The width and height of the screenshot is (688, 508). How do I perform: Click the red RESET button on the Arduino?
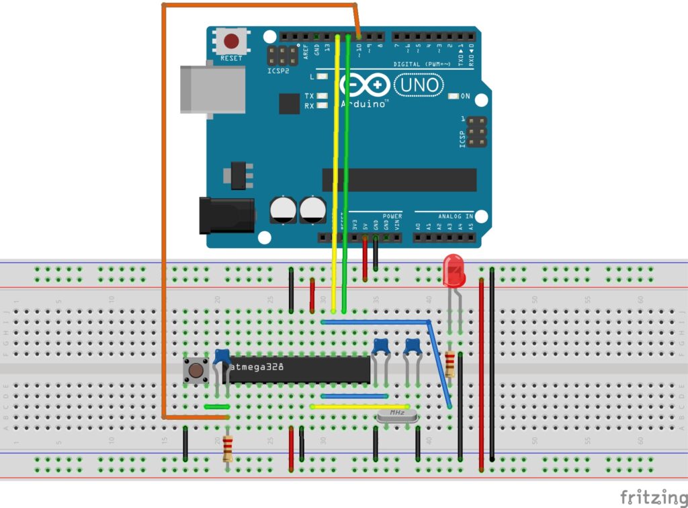(231, 42)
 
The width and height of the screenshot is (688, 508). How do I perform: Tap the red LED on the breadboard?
(454, 270)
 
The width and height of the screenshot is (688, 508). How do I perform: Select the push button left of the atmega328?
(196, 370)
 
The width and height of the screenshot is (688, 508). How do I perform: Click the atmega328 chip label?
(257, 368)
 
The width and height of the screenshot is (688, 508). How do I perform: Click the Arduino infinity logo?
(365, 85)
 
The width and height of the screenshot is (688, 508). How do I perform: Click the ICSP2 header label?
(278, 70)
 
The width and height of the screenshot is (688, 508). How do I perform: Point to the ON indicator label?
(466, 96)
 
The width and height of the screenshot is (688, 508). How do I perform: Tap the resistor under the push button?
(228, 447)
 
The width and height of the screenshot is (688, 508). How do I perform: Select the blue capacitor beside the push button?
(222, 357)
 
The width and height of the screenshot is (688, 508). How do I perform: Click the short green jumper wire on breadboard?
(217, 407)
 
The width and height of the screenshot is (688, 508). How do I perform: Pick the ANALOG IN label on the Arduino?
(456, 216)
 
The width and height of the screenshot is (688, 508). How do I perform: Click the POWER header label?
(392, 216)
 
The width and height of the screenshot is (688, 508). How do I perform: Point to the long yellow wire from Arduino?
(335, 168)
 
